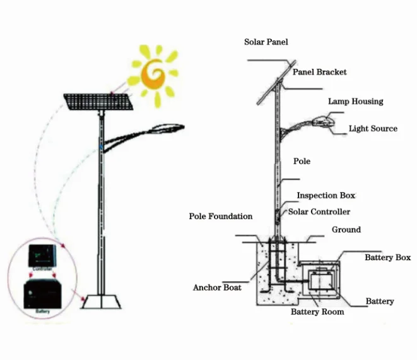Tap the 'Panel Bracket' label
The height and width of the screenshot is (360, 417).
coord(320,72)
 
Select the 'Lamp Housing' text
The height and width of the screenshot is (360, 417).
coord(355,101)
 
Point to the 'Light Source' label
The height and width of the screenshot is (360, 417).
coord(373,129)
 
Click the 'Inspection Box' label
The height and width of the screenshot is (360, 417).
coord(326,196)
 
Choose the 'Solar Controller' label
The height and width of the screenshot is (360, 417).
coord(319,212)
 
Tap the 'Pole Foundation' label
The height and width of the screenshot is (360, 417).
coord(221,217)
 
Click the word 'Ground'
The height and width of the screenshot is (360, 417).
coord(346,230)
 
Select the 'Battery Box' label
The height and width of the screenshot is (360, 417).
coord(387,258)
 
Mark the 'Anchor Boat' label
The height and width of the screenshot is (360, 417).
coord(217,288)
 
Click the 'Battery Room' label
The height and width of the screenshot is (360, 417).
coord(317,312)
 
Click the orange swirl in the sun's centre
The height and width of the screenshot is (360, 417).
coord(153,73)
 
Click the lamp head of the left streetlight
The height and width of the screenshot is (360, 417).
coord(165,129)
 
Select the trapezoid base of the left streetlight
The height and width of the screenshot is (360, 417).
coord(100,302)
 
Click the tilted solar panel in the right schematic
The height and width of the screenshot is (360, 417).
coord(276,83)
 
